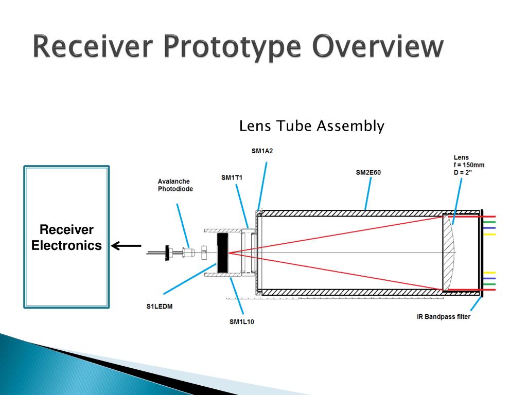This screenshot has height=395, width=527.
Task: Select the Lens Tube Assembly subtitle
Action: coord(312,126)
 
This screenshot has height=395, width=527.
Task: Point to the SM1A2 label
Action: coord(262,151)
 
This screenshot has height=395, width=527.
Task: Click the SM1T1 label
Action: coord(232,178)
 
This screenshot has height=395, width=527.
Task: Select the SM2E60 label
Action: coord(368,173)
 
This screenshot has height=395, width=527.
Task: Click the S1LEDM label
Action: coord(159,307)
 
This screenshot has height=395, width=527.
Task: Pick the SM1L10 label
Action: coord(241,322)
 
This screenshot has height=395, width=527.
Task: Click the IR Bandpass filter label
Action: coord(443,317)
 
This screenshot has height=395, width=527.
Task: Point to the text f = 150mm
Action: coord(469,165)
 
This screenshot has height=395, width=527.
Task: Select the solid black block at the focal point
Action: coord(223,253)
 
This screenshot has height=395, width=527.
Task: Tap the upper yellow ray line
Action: coord(489,234)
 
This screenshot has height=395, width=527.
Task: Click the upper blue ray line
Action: coord(489,228)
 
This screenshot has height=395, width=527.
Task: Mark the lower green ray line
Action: coord(489,284)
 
